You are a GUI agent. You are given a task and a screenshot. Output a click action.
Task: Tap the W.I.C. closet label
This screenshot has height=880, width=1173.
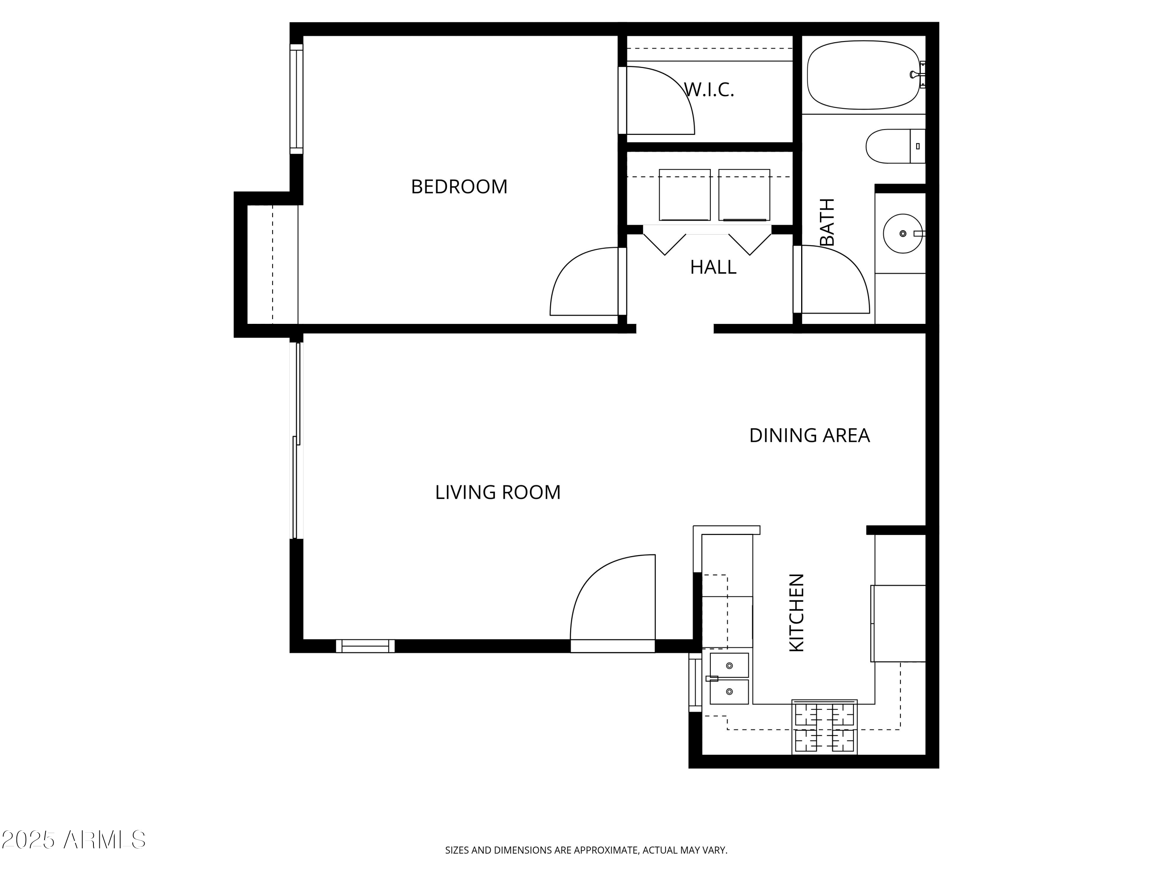708,90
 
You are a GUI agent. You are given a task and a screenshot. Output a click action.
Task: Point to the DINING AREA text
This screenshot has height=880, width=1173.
809,435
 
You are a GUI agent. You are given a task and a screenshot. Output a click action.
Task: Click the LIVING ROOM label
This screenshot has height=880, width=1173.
497,492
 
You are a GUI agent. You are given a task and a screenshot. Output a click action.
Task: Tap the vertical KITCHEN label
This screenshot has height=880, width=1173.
797,612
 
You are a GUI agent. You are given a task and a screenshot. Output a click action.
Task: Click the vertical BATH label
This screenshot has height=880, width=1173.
827,222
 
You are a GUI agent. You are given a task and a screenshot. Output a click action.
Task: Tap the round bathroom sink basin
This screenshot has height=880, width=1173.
902,233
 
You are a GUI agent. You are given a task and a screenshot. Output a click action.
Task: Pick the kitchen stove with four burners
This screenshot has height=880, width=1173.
824,727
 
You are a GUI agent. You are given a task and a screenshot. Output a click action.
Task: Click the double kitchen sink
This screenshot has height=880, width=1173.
729,679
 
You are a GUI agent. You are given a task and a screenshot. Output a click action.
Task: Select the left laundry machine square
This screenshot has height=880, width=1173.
684,195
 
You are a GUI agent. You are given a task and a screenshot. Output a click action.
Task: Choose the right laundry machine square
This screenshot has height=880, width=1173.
744,195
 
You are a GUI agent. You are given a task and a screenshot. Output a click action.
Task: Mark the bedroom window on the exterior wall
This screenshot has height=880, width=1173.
296,99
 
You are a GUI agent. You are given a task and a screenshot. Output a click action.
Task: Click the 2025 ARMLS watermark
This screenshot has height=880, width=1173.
74,840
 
